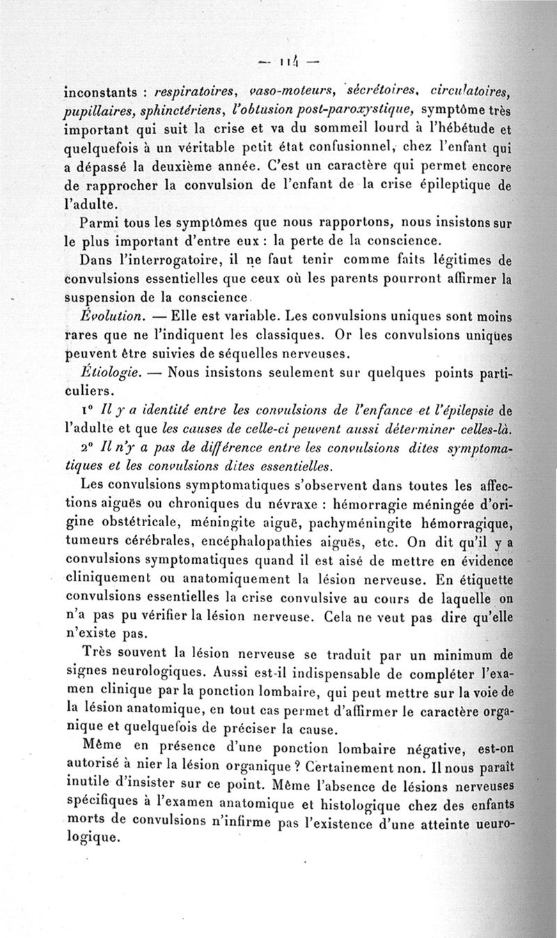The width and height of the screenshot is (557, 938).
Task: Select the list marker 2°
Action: pyautogui.click(x=88, y=446)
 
